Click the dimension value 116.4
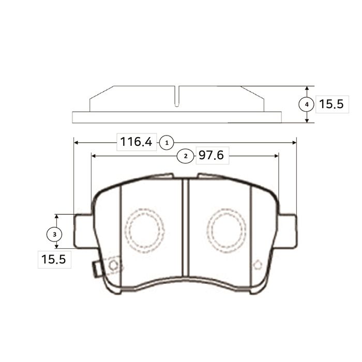coord(136,142)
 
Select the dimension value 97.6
coord(211,155)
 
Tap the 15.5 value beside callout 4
coord(331,104)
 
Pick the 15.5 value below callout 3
coord(54,259)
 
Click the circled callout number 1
coord(167,143)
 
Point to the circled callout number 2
coord(186,156)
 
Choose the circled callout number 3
coord(54,234)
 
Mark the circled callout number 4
coord(307,104)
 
